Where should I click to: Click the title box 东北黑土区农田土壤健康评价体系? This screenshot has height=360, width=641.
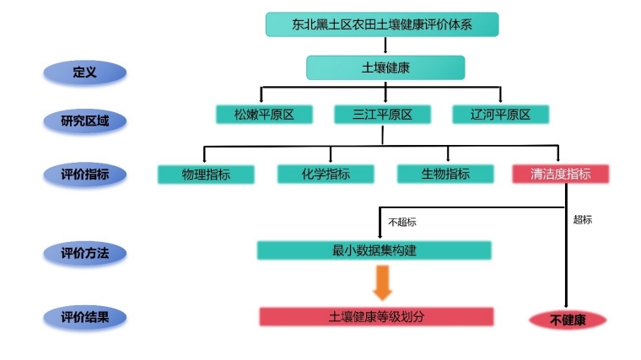382,24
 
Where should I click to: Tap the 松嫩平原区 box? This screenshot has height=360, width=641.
262,115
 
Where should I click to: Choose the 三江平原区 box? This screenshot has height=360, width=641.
382,115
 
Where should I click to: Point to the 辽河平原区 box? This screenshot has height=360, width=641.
500,115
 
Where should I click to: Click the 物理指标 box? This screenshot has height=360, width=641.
206,175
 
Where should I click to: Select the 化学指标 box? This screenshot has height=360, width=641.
326,175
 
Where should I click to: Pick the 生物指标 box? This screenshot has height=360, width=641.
445,175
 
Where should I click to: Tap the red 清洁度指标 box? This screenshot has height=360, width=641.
560,175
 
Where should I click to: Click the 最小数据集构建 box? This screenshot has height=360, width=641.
374,250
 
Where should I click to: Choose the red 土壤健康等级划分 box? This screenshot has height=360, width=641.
375,317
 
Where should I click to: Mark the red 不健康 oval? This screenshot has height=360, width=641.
568,320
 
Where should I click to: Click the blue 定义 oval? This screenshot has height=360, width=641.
85,73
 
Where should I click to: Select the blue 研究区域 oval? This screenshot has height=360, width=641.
85,121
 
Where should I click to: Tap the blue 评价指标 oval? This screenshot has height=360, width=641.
85,175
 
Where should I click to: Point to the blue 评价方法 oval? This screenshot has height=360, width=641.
85,252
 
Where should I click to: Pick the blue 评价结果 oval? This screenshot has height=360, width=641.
85,318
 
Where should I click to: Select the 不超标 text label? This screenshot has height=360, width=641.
401,223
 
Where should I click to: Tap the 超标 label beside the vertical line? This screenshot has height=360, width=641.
582,219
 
